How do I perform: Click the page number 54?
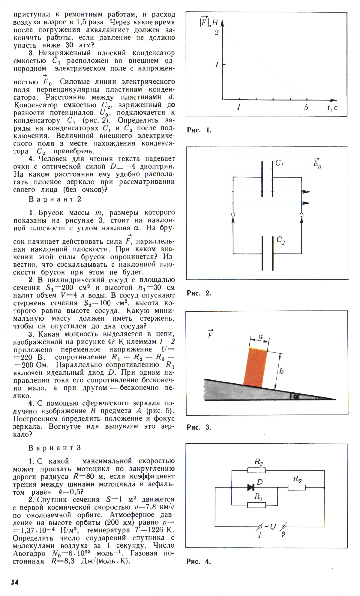(x=15, y=582)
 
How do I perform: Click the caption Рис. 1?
(x=199, y=130)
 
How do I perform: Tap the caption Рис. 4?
(x=199, y=562)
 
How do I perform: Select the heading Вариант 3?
(x=55, y=448)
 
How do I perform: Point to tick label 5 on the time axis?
(x=306, y=107)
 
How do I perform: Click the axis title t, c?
(x=332, y=108)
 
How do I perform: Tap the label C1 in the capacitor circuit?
(x=280, y=163)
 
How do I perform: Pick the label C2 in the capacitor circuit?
(x=280, y=240)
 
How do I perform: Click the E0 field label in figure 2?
(x=317, y=163)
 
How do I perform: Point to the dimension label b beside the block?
(x=281, y=371)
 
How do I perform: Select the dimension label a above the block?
(x=261, y=337)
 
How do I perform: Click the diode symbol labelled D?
(x=251, y=487)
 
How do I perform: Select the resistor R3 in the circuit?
(x=256, y=470)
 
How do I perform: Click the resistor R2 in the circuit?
(x=297, y=488)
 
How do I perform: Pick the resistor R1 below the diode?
(x=256, y=505)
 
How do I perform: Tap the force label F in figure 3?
(x=210, y=334)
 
